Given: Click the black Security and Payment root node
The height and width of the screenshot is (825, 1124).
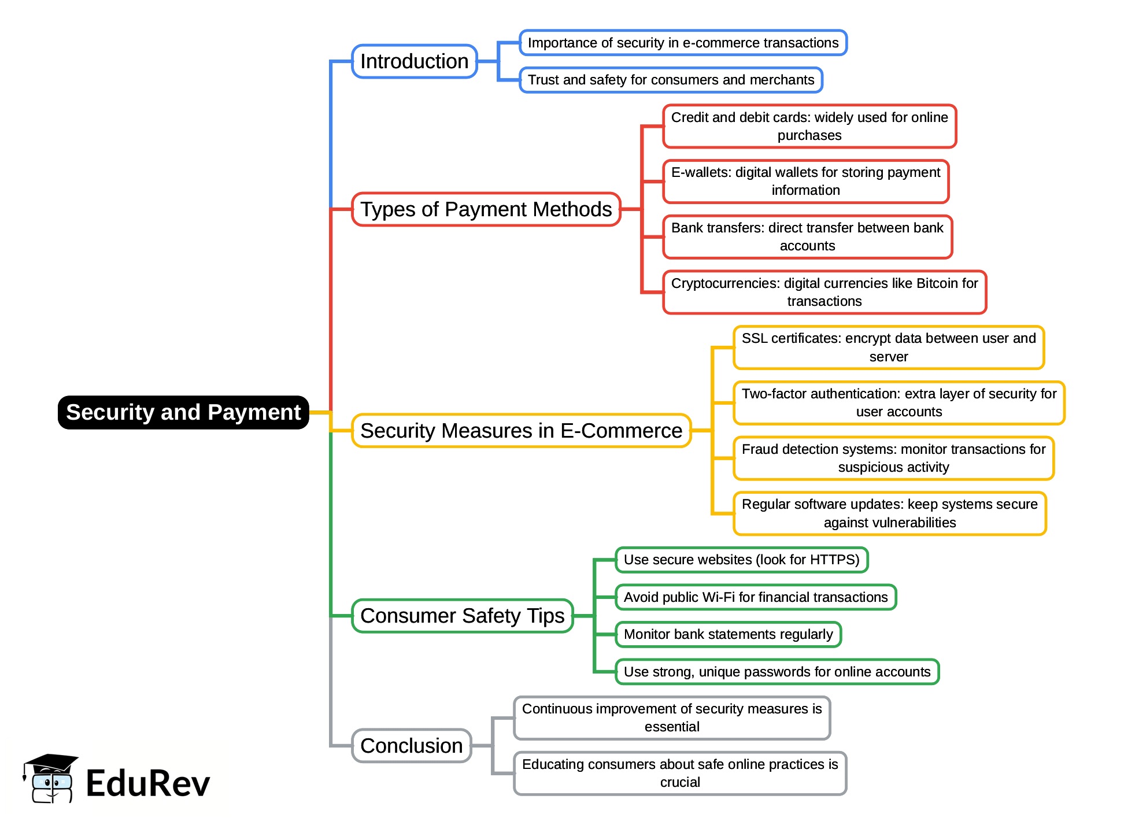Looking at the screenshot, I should (183, 412).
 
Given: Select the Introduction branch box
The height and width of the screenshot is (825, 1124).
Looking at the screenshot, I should (414, 61).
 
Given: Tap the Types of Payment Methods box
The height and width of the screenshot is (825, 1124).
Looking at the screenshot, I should (486, 209).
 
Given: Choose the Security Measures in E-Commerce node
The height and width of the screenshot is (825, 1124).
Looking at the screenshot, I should (521, 431).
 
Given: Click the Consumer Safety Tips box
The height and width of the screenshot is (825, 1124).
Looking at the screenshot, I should (462, 616).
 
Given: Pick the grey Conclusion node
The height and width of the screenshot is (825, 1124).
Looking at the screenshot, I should (411, 746).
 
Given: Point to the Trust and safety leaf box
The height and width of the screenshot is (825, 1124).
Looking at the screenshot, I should (671, 80).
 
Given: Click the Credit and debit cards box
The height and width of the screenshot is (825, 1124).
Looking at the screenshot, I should (809, 126).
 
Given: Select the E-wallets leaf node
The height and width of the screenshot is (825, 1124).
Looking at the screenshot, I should (805, 181).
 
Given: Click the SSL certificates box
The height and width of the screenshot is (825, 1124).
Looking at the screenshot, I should (888, 347).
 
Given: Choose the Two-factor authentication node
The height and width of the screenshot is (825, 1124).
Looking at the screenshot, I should (899, 402).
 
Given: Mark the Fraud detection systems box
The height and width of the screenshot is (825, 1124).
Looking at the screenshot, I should (893, 458).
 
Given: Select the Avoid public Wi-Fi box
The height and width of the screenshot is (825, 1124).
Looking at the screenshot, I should (755, 597).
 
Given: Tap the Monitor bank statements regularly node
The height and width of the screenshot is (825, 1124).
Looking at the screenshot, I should (728, 634).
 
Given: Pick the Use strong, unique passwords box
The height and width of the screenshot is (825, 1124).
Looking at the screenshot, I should (777, 672).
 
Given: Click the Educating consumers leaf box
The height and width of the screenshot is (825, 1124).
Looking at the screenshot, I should (679, 773).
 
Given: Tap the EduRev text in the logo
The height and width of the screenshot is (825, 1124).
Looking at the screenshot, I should (147, 784).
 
